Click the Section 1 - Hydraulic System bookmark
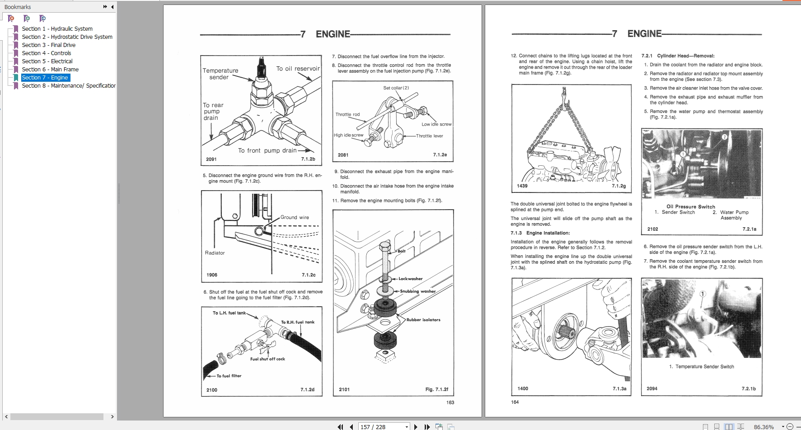tap(57, 28)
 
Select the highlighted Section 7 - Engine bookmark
tap(45, 77)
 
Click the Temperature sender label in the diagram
tap(220, 74)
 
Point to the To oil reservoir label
tap(298, 69)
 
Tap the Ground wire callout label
tap(295, 217)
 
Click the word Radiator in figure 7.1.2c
tap(215, 253)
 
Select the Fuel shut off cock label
tap(267, 359)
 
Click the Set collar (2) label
tap(396, 88)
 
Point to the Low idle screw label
tap(436, 124)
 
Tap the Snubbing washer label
tap(417, 291)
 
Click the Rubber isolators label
tap(423, 320)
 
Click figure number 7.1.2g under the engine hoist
tap(618, 186)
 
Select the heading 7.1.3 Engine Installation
tap(540, 233)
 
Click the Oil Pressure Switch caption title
tap(691, 206)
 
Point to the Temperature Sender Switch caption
tap(704, 367)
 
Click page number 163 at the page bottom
tap(450, 402)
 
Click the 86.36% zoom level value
tap(764, 426)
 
